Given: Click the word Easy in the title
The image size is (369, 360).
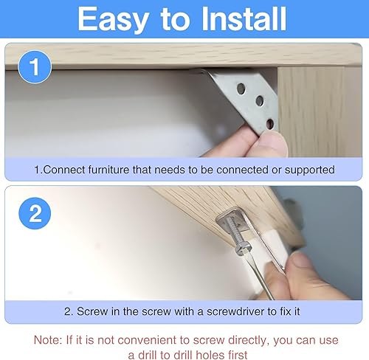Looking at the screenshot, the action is pos(114,20).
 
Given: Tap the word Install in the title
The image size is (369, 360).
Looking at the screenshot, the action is pos(244,18).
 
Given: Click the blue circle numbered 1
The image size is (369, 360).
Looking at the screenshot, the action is pos(35,67).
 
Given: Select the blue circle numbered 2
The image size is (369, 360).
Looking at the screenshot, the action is pos(35,213).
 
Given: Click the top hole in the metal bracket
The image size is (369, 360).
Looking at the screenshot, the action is pos(241,89).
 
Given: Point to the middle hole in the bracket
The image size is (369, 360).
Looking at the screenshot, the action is pos(260,101).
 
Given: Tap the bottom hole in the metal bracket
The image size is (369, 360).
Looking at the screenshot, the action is pos(270,124).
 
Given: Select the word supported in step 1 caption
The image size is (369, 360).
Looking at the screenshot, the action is pos(309,170).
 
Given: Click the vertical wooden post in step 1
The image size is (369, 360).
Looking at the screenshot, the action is pos(320,112).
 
